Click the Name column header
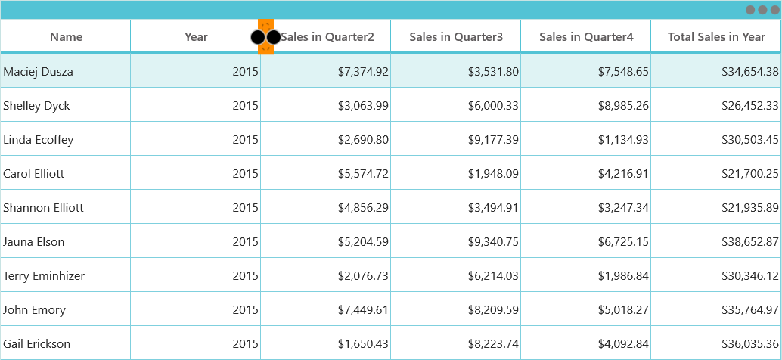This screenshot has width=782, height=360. (66, 37)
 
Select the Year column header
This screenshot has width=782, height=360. (196, 37)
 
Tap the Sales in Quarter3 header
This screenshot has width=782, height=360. (456, 37)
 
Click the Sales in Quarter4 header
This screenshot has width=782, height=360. (586, 37)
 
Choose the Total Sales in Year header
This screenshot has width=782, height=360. (716, 37)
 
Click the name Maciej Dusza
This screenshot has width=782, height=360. (38, 72)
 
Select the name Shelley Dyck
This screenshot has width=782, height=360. (36, 106)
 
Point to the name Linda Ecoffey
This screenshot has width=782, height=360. (38, 140)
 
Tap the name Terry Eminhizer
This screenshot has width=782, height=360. (44, 276)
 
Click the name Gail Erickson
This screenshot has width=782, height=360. (37, 344)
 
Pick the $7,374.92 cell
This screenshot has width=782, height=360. (363, 72)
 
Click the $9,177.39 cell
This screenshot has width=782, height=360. (493, 140)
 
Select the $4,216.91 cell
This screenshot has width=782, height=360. (623, 173)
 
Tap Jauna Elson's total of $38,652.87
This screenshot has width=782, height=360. (750, 242)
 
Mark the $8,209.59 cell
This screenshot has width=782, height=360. (493, 310)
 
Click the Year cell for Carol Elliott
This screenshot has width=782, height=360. (245, 173)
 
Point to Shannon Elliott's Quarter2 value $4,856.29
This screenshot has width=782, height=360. (363, 207)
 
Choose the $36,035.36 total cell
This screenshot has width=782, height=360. (750, 344)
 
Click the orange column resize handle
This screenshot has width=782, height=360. (265, 37)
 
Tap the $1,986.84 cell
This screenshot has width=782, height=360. (623, 276)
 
